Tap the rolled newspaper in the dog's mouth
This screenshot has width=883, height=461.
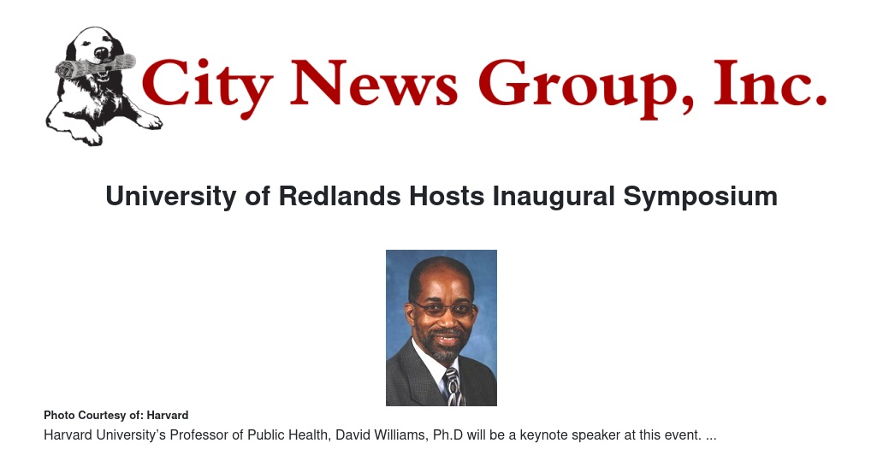click(96, 67)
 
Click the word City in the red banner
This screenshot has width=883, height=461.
click(206, 85)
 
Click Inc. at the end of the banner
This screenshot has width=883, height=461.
click(770, 82)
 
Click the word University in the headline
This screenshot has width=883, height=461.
click(170, 197)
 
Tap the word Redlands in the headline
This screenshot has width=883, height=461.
click(340, 196)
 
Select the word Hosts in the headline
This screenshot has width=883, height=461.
click(447, 196)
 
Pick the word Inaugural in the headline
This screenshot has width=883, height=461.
click(554, 197)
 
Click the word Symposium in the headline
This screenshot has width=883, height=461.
click(701, 197)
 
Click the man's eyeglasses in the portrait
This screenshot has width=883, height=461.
click(444, 309)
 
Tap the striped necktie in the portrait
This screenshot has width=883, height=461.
click(453, 386)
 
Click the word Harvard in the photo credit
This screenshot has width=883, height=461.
click(167, 416)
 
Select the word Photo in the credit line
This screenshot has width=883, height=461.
click(59, 416)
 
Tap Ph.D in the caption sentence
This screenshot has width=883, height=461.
click(447, 435)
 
